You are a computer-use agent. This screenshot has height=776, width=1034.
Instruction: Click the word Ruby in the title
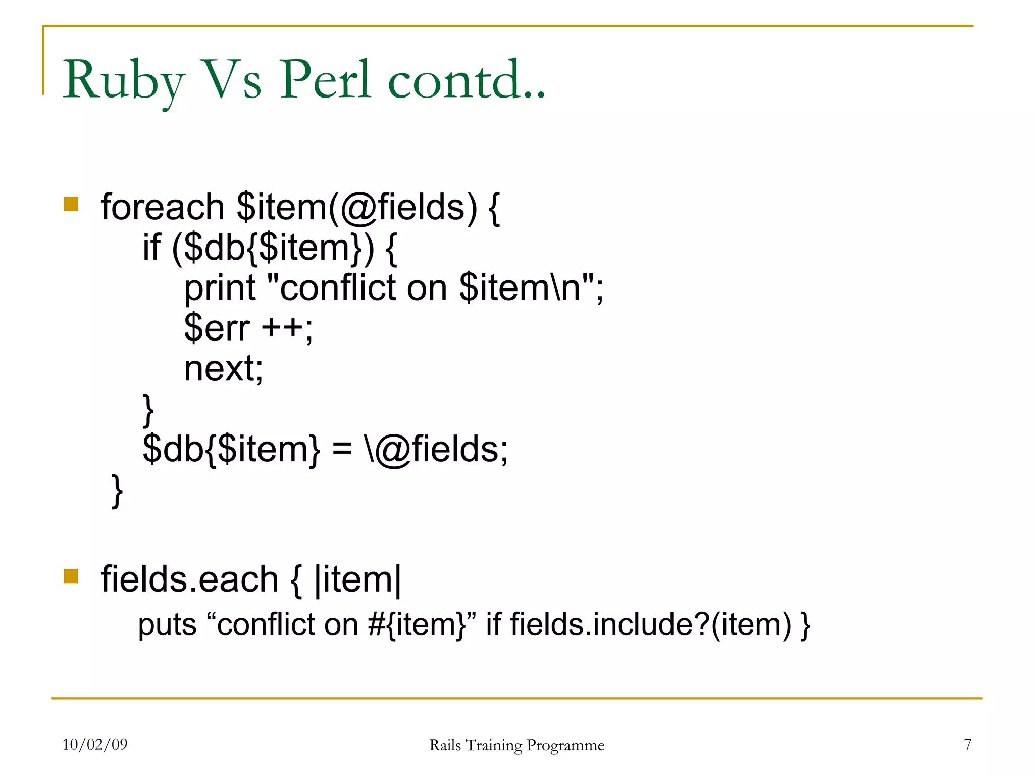(124, 81)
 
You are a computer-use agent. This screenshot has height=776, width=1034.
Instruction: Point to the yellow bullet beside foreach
(71, 204)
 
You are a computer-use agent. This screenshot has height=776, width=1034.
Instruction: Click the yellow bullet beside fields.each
(71, 576)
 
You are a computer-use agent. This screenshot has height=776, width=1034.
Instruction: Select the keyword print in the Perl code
(220, 288)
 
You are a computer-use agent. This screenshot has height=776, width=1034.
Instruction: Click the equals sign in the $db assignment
(342, 449)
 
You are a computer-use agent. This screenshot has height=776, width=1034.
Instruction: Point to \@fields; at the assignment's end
(436, 449)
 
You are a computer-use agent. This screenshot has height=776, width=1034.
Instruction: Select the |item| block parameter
(357, 579)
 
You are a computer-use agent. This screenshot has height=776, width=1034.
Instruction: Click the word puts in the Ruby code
(167, 625)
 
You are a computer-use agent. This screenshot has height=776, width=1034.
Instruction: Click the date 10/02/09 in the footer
(95, 744)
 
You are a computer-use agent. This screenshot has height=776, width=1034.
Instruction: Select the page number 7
(967, 744)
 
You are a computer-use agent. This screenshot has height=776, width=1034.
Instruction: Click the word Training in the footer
(494, 746)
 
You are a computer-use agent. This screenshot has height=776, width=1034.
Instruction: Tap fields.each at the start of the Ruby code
(189, 579)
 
